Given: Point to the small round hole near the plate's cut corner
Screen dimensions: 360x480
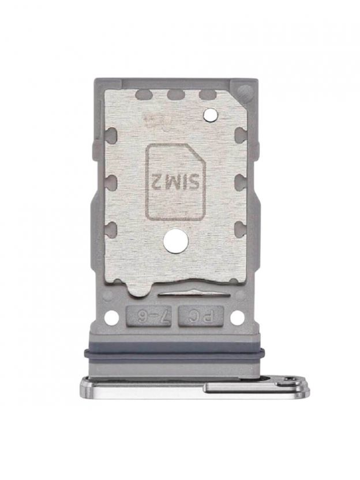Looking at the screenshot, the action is [211, 114].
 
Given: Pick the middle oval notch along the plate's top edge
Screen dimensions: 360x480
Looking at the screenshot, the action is [175, 95].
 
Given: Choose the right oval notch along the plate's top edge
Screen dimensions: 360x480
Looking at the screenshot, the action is [207, 95].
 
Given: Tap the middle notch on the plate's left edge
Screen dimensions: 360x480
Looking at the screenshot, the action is [111, 181].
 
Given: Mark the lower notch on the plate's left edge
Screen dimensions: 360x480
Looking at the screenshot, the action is [111, 228].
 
